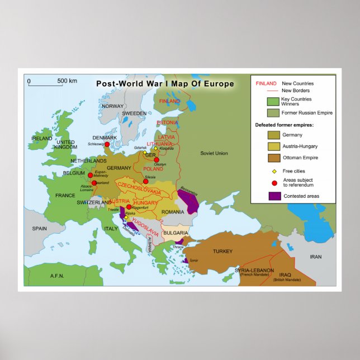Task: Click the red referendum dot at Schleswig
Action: tap(107, 144)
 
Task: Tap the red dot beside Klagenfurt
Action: tap(129, 206)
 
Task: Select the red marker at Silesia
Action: tap(145, 181)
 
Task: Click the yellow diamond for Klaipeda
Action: tap(155, 149)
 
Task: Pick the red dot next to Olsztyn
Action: tap(156, 160)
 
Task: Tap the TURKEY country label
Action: tap(222, 251)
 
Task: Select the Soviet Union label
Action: tap(214, 153)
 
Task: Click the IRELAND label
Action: tap(42, 138)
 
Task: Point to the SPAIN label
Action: tap(39, 228)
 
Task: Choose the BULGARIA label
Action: tap(176, 233)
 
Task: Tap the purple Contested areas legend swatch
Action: tap(274, 196)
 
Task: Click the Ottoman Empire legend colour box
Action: tap(274, 158)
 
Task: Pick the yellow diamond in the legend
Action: tap(274, 171)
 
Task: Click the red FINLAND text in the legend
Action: tap(265, 83)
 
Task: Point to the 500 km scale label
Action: tap(67, 82)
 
